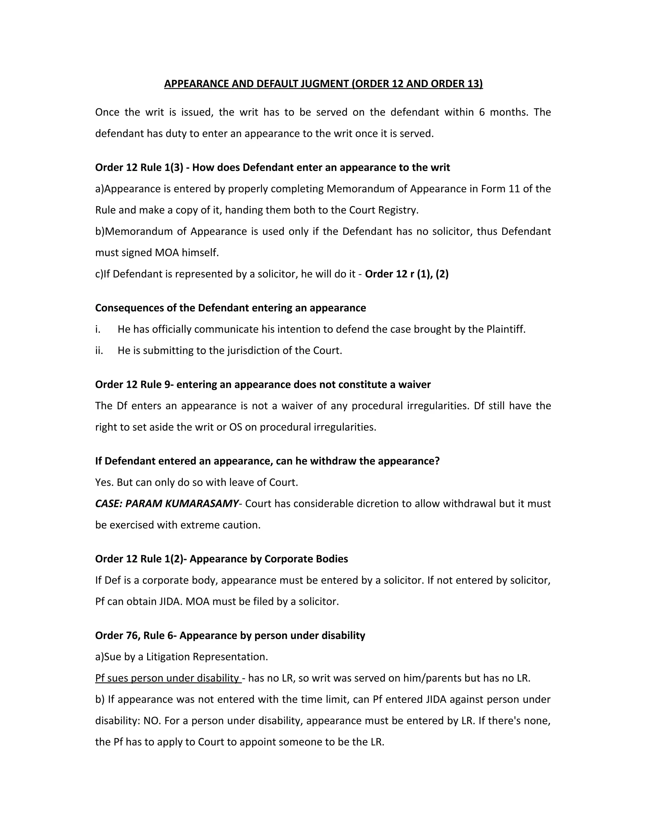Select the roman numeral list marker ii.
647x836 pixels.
point(99,351)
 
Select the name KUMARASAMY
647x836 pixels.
point(201,504)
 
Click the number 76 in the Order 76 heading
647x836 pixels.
point(132,636)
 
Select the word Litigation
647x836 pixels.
point(168,657)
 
